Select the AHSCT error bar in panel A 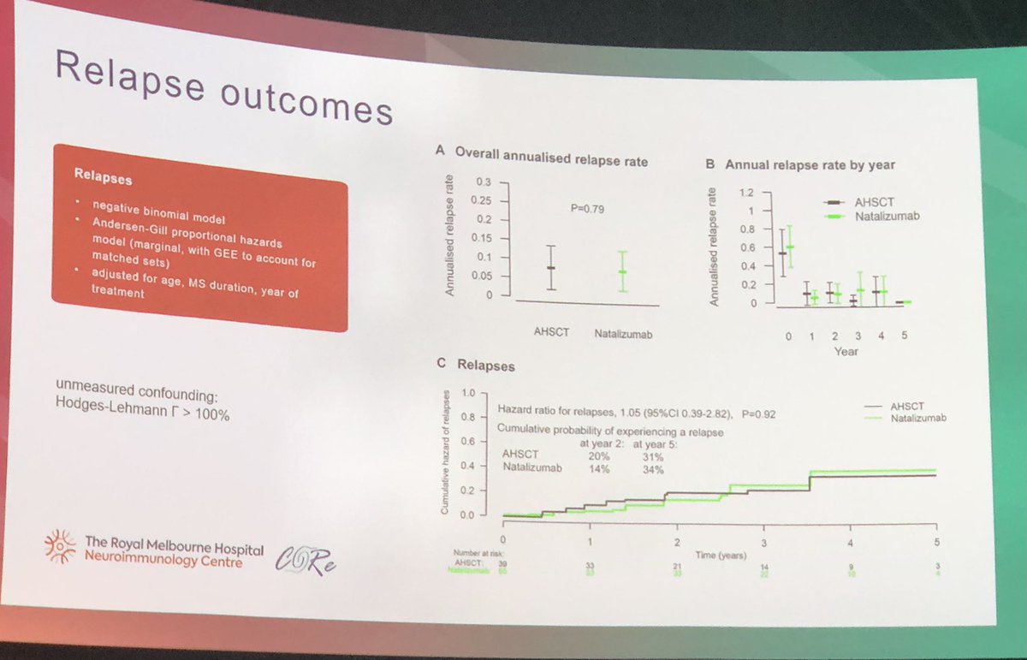(551, 268)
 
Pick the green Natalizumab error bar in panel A (622, 272)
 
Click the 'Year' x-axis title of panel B (846, 351)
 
